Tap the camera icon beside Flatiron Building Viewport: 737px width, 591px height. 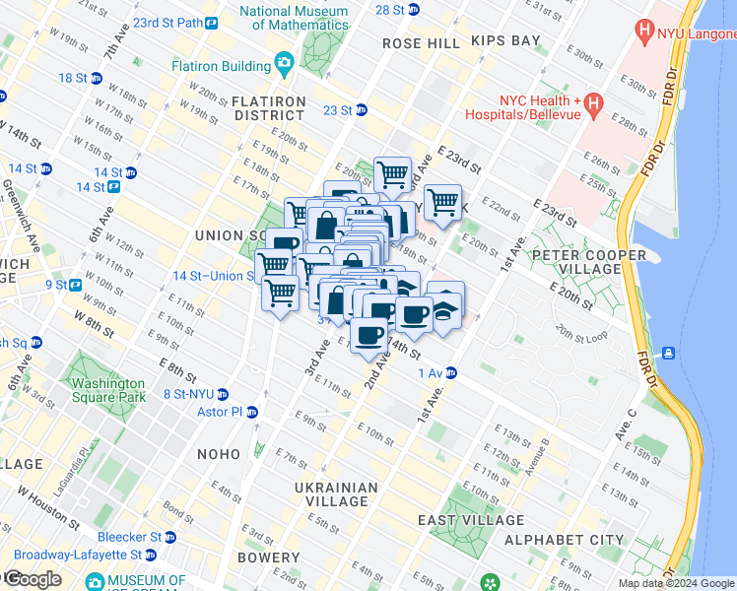coord(284,65)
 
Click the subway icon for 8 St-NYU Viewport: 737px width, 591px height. coord(223,393)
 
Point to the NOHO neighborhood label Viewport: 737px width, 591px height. coord(219,454)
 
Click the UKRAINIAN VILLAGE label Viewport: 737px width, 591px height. coord(336,494)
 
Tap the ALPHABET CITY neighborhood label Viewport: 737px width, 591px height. coord(564,540)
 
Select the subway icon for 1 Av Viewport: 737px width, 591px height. coord(450,372)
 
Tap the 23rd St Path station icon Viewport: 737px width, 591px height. coord(212,22)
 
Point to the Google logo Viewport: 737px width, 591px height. coord(32,579)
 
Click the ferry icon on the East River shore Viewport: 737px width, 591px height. coord(669,353)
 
